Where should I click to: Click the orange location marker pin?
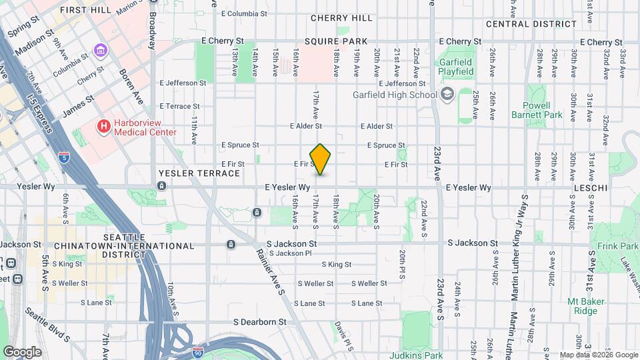pyautogui.click(x=321, y=159)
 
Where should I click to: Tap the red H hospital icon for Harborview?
pyautogui.click(x=103, y=125)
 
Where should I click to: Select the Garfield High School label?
pyautogui.click(x=395, y=95)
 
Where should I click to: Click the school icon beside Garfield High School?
pyautogui.click(x=447, y=95)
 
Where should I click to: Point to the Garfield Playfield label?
pyautogui.click(x=456, y=67)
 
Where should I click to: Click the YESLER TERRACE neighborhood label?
pyautogui.click(x=199, y=173)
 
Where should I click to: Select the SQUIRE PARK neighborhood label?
pyautogui.click(x=331, y=41)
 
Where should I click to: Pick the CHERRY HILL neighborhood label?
pyautogui.click(x=341, y=18)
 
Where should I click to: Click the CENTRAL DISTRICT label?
pyautogui.click(x=531, y=24)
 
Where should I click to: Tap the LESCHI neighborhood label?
pyautogui.click(x=590, y=189)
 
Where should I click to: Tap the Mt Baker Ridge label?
pyautogui.click(x=586, y=306)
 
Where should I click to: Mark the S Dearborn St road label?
pyautogui.click(x=259, y=321)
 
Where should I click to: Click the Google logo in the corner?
pyautogui.click(x=22, y=351)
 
